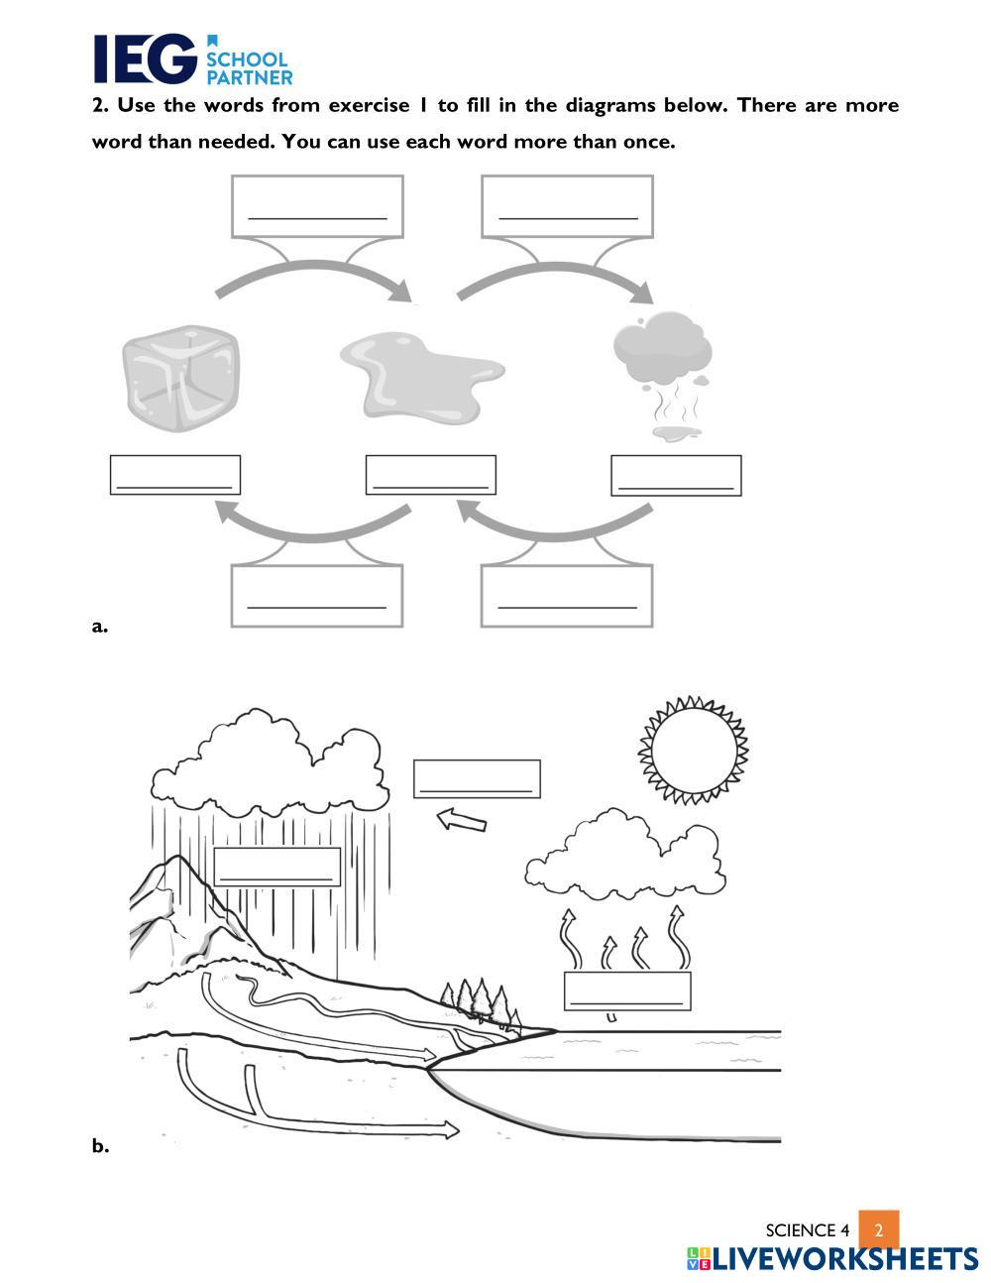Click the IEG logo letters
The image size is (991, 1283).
[x=145, y=59]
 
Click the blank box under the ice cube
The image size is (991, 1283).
[x=175, y=475]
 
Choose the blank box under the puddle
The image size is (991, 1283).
[x=431, y=475]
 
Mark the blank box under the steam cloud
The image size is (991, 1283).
[x=676, y=475]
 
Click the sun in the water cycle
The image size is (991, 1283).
[x=693, y=750]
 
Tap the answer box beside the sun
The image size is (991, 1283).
[x=477, y=778]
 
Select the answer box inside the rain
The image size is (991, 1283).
[x=277, y=867]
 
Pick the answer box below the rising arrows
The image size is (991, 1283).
[x=627, y=991]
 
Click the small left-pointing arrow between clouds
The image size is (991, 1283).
[x=461, y=820]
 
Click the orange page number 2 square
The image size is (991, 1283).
[x=878, y=1229]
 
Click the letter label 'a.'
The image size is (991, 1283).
[x=99, y=626]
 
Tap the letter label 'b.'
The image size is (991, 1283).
[x=100, y=1146]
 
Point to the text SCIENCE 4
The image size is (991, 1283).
[x=808, y=1230]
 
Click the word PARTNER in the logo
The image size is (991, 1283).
[x=249, y=76]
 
